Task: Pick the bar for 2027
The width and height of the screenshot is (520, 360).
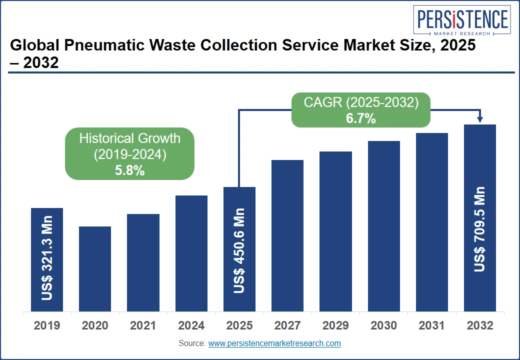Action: pyautogui.click(x=287, y=235)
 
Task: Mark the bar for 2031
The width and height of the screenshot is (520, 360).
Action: pyautogui.click(x=432, y=222)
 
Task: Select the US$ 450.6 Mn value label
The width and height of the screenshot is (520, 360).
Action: pyautogui.click(x=239, y=250)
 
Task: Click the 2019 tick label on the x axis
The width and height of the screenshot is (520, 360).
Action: pyautogui.click(x=47, y=326)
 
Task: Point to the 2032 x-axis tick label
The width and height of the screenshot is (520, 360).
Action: pyautogui.click(x=480, y=326)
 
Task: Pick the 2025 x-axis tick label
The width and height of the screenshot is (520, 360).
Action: pyautogui.click(x=239, y=326)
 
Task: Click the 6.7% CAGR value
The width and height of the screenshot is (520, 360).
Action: pyautogui.click(x=360, y=119)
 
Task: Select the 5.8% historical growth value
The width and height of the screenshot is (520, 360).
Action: pyautogui.click(x=129, y=170)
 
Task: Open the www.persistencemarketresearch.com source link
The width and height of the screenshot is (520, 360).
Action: pyautogui.click(x=274, y=343)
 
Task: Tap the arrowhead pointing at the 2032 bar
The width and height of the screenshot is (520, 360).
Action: pyautogui.click(x=480, y=119)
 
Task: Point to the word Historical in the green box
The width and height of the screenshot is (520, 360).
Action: pyautogui.click(x=107, y=138)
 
